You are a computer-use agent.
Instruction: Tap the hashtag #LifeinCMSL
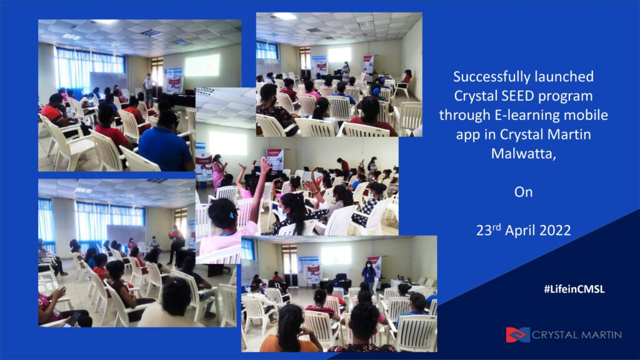coord(574,289)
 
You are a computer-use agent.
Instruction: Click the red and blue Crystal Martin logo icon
coord(517,335)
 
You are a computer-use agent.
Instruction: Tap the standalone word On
coord(523,192)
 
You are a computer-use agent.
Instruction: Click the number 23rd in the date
coord(489,230)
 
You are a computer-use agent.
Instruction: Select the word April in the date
coord(519,231)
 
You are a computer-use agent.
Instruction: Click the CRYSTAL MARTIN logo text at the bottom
coord(577,335)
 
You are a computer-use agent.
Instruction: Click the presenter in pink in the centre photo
coord(218,172)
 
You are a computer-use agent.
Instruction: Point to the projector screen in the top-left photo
coord(202,65)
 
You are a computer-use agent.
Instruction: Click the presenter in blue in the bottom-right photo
coord(369,273)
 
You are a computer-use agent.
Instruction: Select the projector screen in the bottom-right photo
coord(336,255)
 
